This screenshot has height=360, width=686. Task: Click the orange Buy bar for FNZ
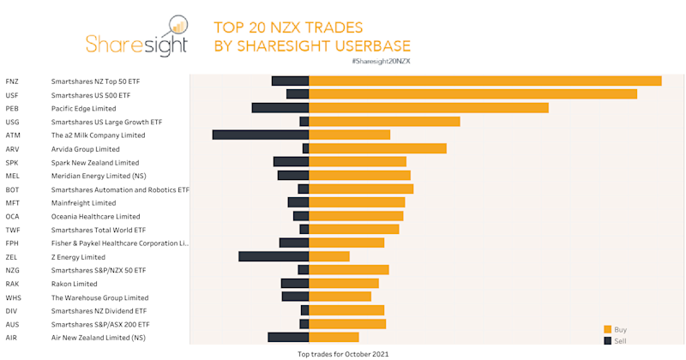[x=484, y=81]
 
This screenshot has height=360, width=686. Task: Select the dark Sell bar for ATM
[x=261, y=135]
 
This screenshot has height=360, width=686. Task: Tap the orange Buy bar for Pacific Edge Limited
[x=428, y=108]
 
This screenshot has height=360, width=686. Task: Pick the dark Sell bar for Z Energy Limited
[x=274, y=256]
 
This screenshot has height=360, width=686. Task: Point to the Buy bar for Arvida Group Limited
[x=377, y=148]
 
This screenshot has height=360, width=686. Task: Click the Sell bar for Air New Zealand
[x=288, y=338]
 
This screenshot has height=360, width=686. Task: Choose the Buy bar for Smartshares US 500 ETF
[x=472, y=94]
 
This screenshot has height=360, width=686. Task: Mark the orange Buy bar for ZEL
[x=328, y=256]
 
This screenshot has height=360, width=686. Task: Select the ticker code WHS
[x=13, y=297]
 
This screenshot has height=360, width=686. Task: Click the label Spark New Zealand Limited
[x=94, y=162]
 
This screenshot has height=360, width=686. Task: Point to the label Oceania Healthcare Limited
[x=95, y=216]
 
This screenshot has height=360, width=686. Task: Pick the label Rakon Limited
[x=74, y=284]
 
